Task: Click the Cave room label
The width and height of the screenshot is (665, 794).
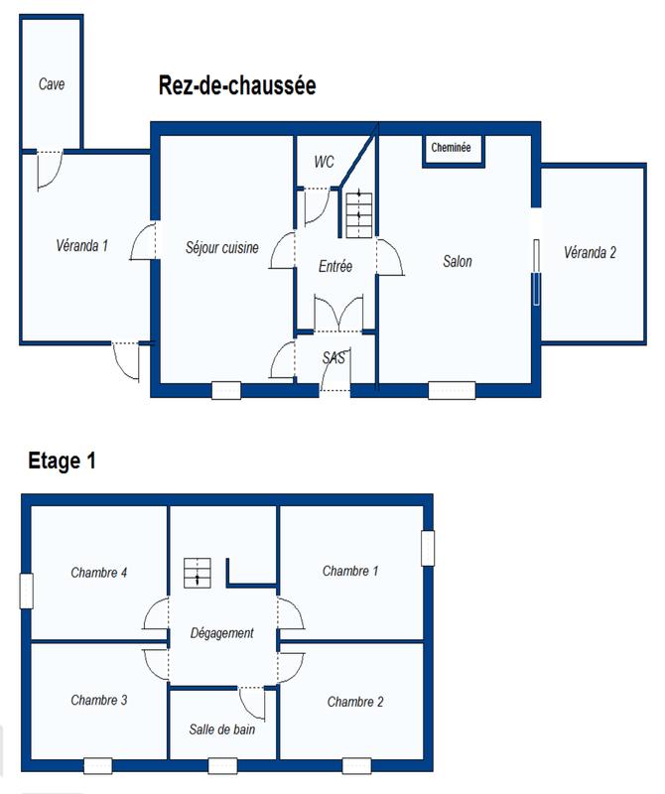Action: pos(52,84)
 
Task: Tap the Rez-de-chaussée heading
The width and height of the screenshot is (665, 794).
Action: pos(237,86)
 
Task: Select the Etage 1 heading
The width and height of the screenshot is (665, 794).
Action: pos(62,461)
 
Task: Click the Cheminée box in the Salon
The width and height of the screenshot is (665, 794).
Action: pos(451,149)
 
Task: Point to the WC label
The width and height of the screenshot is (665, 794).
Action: pos(324,162)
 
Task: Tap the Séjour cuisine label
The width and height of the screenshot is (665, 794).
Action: pos(222,247)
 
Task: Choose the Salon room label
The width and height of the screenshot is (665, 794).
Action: pos(458,262)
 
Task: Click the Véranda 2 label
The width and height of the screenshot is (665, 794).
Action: pos(590,252)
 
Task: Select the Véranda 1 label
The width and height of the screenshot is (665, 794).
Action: pos(82,245)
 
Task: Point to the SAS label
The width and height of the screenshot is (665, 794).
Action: pos(334,358)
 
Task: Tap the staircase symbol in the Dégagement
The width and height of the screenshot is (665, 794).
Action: pos(197,572)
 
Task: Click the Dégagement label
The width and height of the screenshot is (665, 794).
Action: pos(222,633)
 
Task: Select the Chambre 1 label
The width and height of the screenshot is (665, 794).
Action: pos(350,571)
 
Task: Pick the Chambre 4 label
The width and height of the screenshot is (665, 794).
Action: pos(98,572)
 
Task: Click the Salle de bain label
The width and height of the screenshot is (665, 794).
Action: pos(223,729)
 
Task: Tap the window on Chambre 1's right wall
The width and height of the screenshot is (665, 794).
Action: pos(427,548)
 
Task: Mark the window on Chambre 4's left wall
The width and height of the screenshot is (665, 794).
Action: pos(26,591)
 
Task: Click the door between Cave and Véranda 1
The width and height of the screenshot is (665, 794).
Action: pos(48,169)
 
